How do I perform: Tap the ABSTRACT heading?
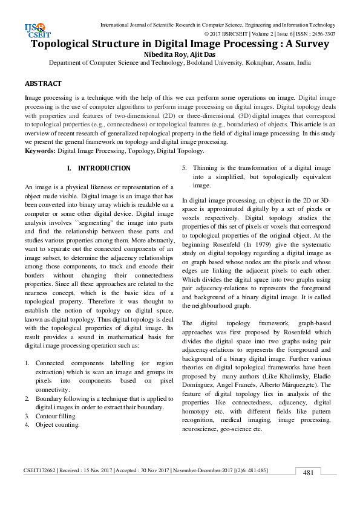pos(43,83)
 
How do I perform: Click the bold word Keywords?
pos(39,151)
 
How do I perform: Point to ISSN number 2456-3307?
pos(322,34)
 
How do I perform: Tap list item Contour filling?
pos(56,417)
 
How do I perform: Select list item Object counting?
pos(58,425)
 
